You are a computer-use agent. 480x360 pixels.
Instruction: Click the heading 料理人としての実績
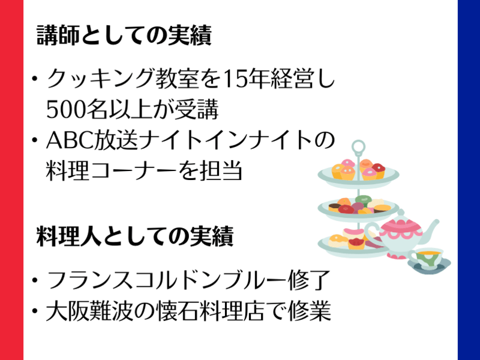click(134, 236)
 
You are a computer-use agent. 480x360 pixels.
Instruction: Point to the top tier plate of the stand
click(358, 175)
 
